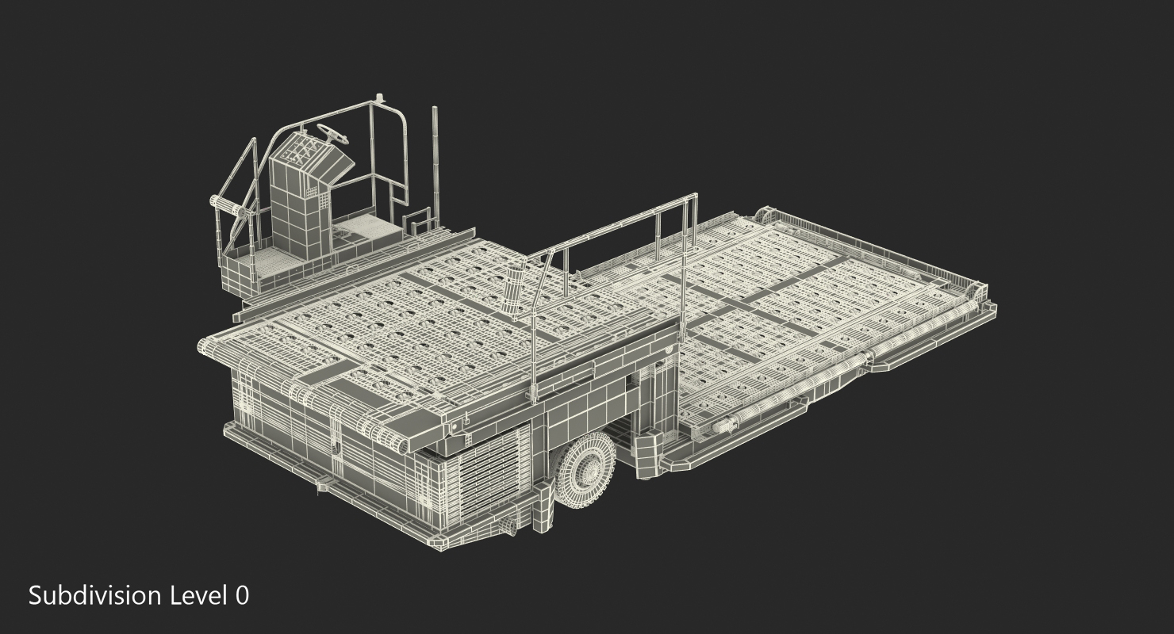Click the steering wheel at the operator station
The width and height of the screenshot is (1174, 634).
333,135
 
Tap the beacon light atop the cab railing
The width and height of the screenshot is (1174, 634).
379,97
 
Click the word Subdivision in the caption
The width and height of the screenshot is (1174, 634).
95,596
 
